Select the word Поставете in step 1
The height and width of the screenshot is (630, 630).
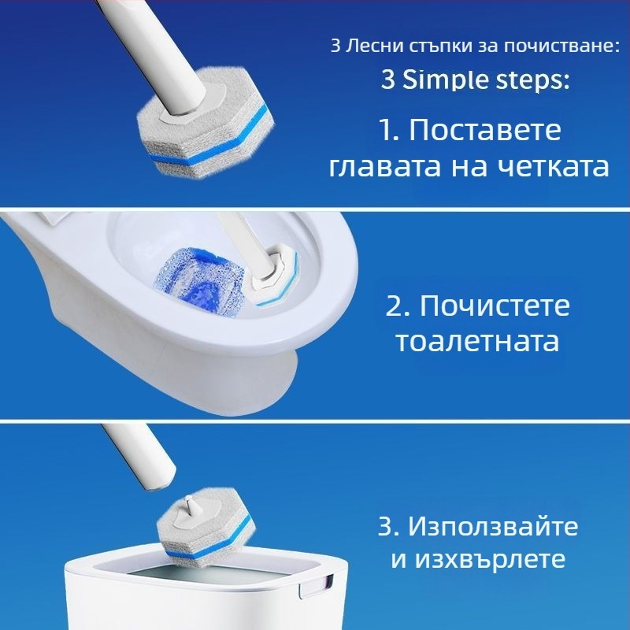485,130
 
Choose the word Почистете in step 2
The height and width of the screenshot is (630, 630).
495,306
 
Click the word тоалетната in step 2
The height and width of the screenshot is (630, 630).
478,342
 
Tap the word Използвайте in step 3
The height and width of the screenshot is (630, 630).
494,525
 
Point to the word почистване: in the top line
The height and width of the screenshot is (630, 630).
561,46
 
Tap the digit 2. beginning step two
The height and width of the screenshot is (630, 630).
398,306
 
